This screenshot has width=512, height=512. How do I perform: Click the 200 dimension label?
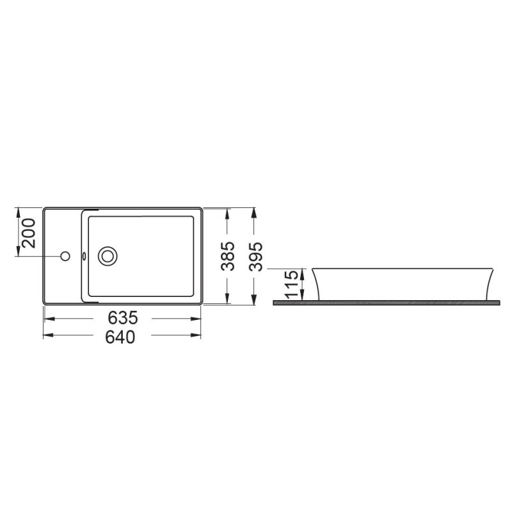pyautogui.click(x=28, y=233)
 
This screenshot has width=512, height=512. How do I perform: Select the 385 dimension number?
pyautogui.click(x=228, y=256)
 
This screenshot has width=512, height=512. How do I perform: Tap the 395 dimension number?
pyautogui.click(x=255, y=257)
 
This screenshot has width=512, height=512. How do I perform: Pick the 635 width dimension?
pyautogui.click(x=123, y=317)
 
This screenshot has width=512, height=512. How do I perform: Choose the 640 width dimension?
pyautogui.click(x=120, y=337)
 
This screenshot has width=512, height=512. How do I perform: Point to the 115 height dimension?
pyautogui.click(x=292, y=284)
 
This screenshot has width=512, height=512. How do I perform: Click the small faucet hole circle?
pyautogui.click(x=65, y=257)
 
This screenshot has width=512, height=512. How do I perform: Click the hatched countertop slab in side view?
pyautogui.click(x=387, y=303)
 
